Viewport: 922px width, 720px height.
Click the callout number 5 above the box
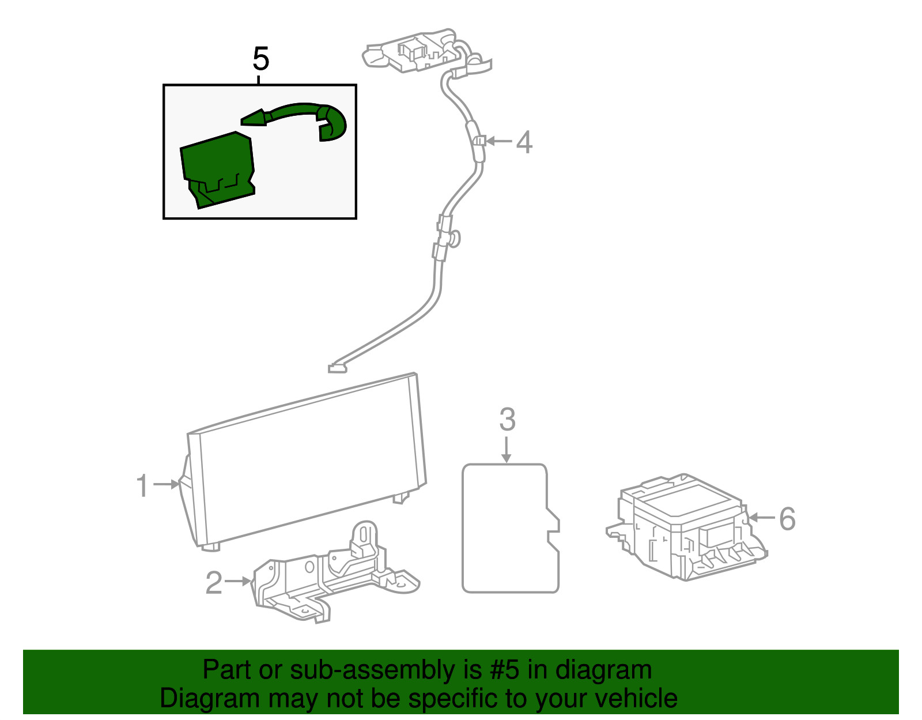coord(260,59)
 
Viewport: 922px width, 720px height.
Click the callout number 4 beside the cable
coord(523,142)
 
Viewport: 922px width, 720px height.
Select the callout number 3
coord(507,420)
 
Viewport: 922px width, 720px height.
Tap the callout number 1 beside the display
coord(142,485)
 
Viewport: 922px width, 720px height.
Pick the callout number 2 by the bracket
coord(214,582)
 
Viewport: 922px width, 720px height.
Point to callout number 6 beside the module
coord(787,518)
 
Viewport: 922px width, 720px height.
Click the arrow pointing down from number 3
coord(507,450)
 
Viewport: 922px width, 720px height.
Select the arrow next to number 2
coord(238,581)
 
